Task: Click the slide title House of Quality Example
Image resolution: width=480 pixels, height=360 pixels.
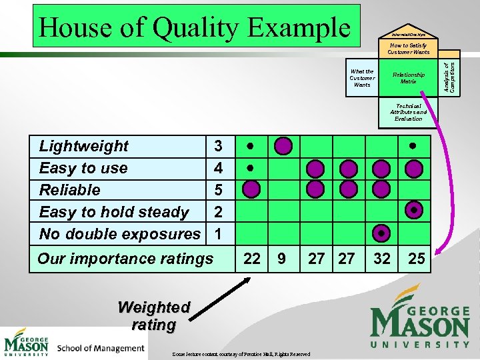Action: [x=194, y=27]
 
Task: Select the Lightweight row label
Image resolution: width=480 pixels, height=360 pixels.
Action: [x=84, y=146]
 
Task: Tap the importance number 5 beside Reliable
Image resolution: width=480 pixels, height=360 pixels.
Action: [x=218, y=190]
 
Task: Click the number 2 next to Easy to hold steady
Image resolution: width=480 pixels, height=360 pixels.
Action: [x=218, y=212]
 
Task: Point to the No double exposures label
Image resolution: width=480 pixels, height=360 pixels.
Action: [x=119, y=234]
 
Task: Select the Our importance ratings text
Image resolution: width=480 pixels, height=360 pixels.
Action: [x=125, y=259]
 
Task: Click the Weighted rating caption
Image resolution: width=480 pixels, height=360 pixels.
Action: [x=154, y=316]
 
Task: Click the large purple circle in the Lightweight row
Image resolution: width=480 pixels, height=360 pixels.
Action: [x=283, y=145]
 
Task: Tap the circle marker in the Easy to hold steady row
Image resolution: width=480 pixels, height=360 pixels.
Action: [x=414, y=211]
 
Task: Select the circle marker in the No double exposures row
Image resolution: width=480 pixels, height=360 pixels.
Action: [x=381, y=233]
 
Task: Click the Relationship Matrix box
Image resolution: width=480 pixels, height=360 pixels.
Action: [x=408, y=78]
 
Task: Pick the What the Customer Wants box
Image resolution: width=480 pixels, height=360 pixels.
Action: [x=362, y=78]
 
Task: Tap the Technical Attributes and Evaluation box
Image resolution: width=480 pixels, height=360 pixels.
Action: [x=408, y=112]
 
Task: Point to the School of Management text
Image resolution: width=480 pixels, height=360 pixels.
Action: [x=101, y=347]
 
